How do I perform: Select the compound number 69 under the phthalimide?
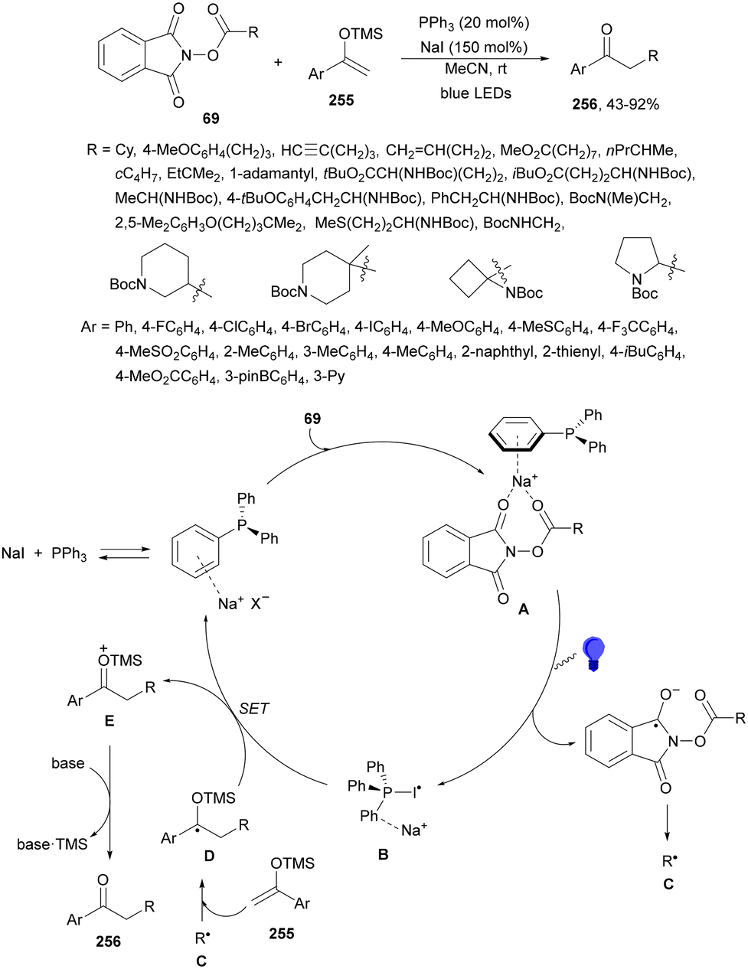click(211, 118)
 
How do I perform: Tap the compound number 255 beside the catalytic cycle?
click(282, 933)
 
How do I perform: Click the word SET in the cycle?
click(254, 708)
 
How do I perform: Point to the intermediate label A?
click(524, 609)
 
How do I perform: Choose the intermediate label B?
click(383, 854)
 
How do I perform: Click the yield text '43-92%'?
click(632, 104)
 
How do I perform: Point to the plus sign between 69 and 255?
click(277, 61)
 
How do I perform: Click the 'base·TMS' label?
click(52, 844)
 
